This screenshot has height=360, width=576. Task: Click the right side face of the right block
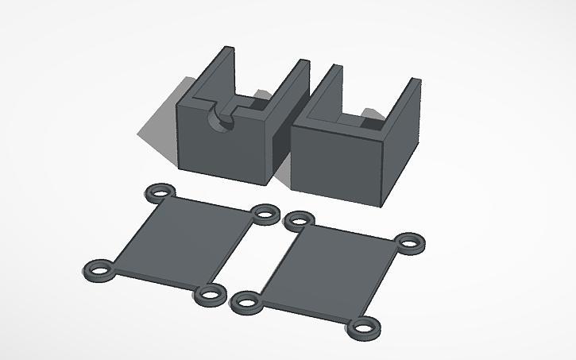click(x=404, y=151)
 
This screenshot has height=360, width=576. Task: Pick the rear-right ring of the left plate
click(x=265, y=213)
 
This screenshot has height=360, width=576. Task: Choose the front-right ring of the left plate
click(x=209, y=295)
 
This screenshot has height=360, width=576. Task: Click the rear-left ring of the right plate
click(x=299, y=220)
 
